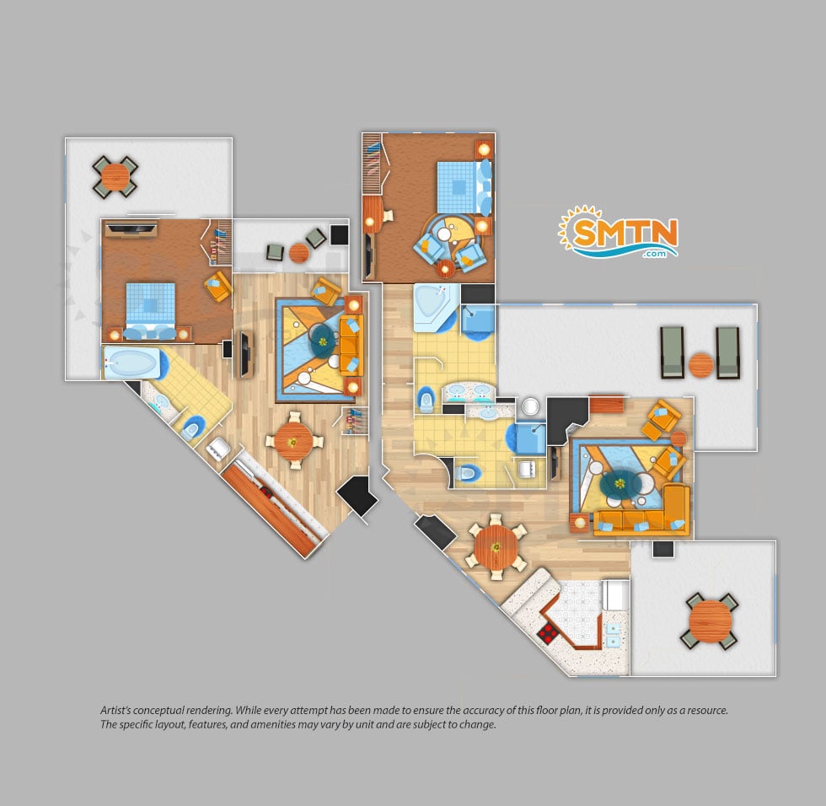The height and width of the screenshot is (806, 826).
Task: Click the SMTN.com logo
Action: (619, 233)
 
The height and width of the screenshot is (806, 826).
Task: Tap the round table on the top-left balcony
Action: (115, 178)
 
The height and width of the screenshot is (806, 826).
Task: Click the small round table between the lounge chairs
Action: (701, 365)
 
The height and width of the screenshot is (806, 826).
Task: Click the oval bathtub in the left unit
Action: (131, 363)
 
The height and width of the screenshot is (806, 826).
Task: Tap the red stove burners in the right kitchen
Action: (548, 631)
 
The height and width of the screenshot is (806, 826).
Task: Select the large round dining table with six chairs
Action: (496, 548)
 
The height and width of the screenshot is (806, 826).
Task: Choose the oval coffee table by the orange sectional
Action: (620, 483)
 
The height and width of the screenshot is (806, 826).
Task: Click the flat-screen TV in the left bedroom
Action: (131, 229)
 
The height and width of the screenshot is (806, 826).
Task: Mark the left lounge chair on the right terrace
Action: (673, 352)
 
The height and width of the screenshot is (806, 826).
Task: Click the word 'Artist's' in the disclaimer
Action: (115, 710)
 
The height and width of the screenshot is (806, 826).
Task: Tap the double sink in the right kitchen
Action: (614, 635)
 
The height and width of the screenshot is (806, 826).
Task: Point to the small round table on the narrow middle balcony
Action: (298, 253)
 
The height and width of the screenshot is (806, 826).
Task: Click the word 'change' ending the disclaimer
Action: (480, 725)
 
